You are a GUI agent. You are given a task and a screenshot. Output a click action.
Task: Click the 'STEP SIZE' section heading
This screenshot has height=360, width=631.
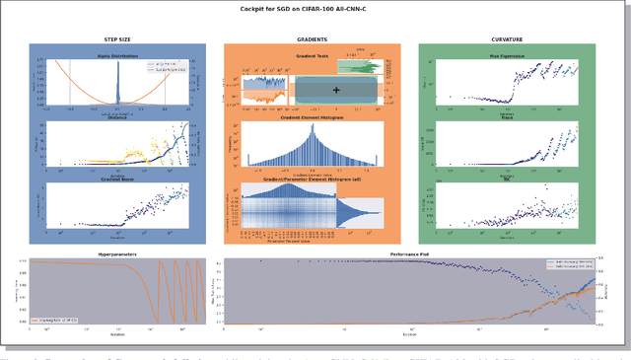tap(118, 39)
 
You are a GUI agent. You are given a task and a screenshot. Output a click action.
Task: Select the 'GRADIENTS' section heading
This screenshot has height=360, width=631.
tap(312, 39)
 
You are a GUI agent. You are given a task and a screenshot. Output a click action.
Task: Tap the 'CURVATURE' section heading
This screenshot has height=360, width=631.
tap(507, 39)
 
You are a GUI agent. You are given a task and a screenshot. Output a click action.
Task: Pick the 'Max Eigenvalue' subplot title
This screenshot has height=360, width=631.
tap(507, 55)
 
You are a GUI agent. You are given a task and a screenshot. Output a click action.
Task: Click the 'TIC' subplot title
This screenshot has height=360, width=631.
tap(507, 180)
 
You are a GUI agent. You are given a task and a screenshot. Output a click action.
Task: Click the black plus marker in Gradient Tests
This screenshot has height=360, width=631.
tap(337, 90)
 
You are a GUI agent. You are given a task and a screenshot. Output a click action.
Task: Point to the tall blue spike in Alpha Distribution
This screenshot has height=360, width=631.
tap(117, 84)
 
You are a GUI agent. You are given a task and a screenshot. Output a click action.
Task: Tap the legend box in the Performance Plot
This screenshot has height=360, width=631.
tap(570, 264)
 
